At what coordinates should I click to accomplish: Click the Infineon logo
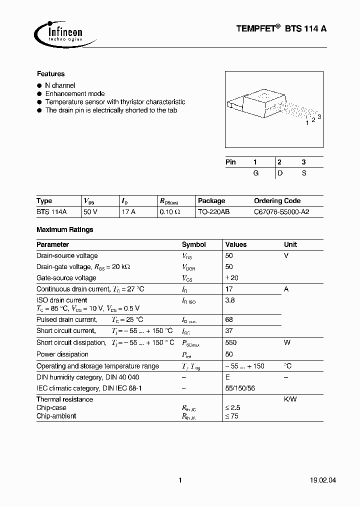[x=58, y=32]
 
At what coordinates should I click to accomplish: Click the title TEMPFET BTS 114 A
[x=281, y=29]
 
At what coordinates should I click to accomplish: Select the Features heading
[x=50, y=73]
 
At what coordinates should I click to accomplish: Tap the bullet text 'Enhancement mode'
[x=75, y=93]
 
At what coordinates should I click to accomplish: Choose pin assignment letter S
[x=303, y=172]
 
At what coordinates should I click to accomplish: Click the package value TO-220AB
[x=213, y=212]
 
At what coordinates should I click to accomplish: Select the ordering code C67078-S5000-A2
[x=281, y=212]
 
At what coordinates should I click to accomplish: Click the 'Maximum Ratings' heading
[x=64, y=230]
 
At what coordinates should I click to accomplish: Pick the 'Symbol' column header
[x=193, y=245]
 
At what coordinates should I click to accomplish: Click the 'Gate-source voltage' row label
[x=66, y=278]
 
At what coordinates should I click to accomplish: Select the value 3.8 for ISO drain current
[x=230, y=300]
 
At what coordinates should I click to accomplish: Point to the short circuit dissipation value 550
[x=231, y=343]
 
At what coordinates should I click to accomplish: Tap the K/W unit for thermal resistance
[x=290, y=399]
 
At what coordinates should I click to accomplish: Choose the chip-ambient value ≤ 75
[x=232, y=416]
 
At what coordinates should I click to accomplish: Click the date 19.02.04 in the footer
[x=312, y=480]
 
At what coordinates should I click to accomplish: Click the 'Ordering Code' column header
[x=277, y=201]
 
